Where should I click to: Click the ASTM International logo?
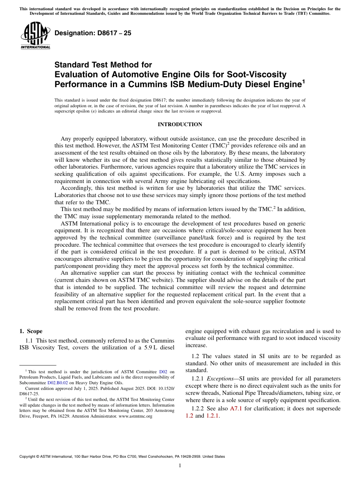point(35,36)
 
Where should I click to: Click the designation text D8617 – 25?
point(93,33)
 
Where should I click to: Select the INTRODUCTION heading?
point(180,124)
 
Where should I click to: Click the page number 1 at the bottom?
point(180,466)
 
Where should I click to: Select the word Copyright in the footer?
point(29,457)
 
